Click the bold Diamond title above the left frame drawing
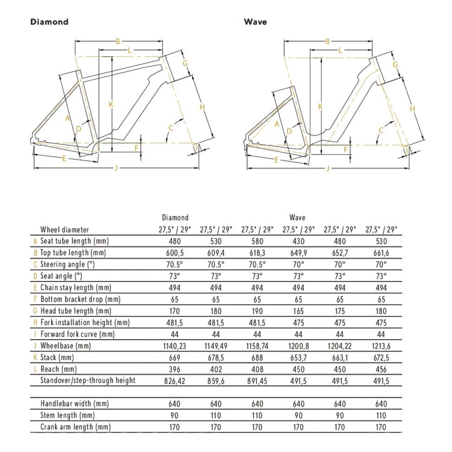coord(49,22)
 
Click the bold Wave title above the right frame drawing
coord(255,22)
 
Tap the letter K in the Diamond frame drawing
coord(111,105)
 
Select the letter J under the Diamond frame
coord(116,168)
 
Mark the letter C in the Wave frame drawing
coord(381,130)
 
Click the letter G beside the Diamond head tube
coord(184,63)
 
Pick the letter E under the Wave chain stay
coord(276,160)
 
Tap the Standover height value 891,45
coord(257,380)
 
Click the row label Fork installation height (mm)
coord(85,322)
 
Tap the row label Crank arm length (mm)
coord(75,427)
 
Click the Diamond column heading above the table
coord(175,217)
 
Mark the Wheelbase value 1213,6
coord(381,346)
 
